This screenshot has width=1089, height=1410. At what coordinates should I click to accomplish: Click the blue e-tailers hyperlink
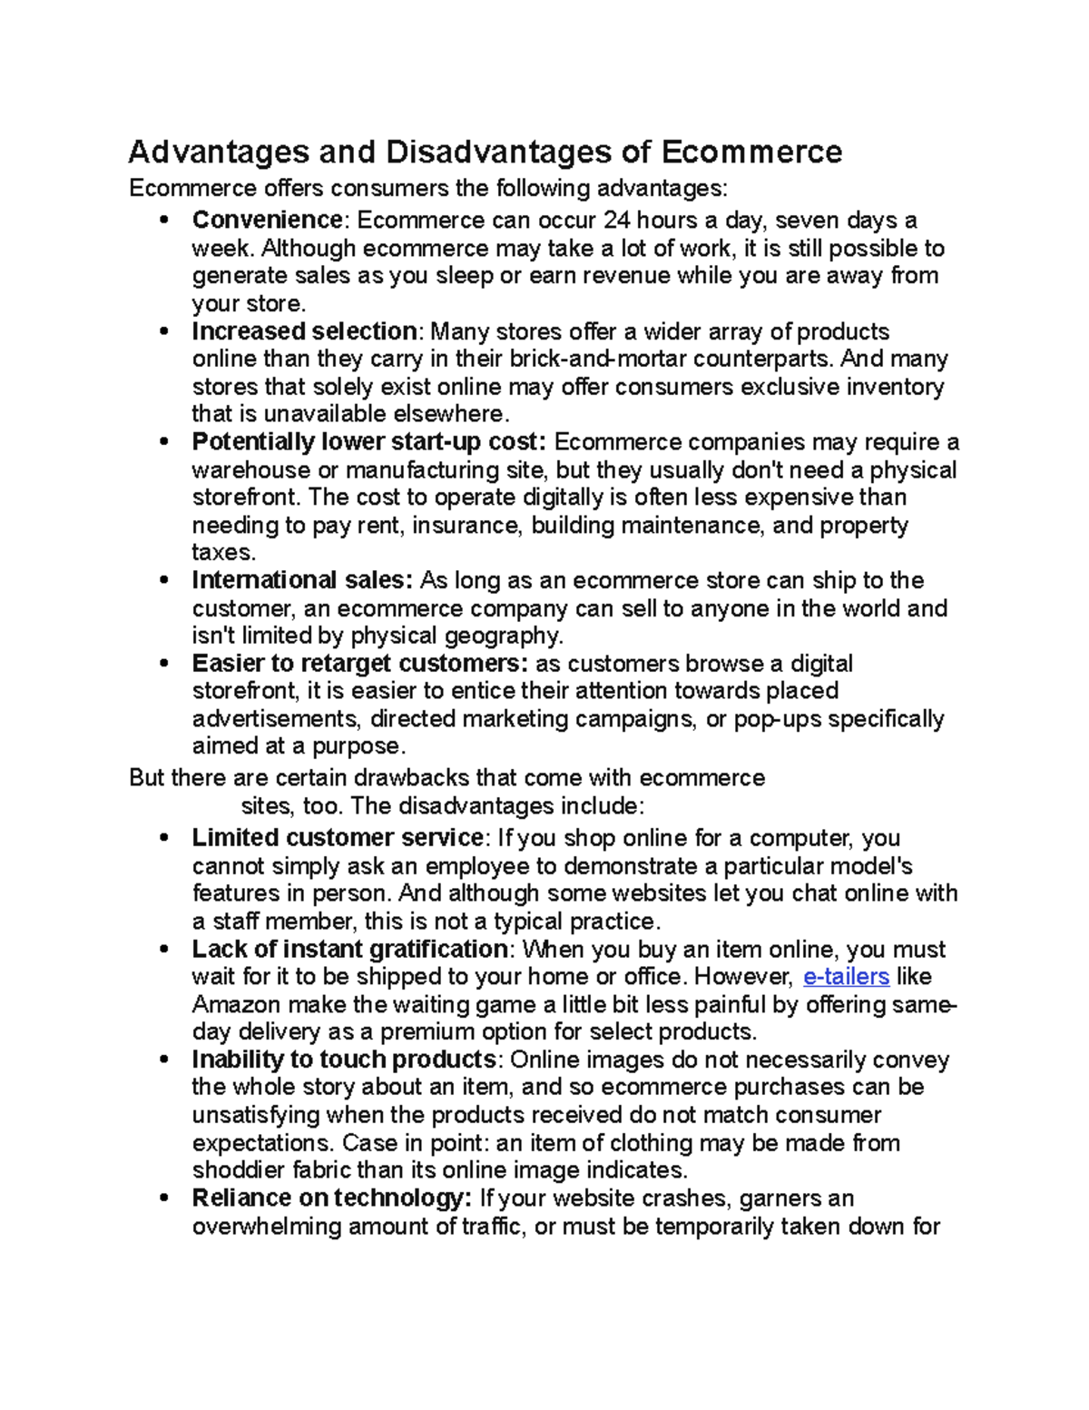[846, 977]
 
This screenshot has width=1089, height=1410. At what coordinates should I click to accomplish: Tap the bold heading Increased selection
[304, 331]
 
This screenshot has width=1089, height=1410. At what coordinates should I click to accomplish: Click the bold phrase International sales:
[302, 580]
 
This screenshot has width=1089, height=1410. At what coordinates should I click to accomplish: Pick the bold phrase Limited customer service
[338, 837]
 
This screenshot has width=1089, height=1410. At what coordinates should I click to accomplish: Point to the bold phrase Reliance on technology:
[331, 1198]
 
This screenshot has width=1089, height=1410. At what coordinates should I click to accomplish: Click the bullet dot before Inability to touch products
[163, 1060]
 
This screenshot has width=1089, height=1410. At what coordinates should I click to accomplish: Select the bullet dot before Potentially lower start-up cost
[163, 443]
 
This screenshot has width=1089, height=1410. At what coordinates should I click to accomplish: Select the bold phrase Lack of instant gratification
[349, 950]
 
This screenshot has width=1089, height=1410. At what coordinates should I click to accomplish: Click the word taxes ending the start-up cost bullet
[222, 553]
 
